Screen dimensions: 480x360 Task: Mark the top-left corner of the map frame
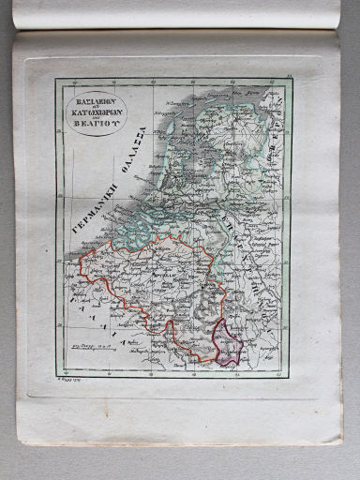[53, 78]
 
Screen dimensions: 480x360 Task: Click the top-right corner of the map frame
[292, 78]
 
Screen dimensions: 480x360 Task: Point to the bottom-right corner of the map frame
[291, 378]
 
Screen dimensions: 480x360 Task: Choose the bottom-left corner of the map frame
[53, 378]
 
